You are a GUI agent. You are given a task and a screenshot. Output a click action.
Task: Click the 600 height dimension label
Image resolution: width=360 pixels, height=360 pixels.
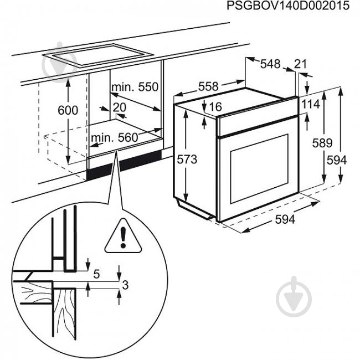click(68, 110)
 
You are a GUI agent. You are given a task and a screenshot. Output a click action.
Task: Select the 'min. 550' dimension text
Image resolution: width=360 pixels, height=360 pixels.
click(135, 87)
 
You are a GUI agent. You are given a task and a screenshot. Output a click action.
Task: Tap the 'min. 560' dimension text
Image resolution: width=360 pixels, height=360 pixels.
click(115, 138)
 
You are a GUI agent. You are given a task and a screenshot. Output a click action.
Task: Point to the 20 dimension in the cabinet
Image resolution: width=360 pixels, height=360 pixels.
click(119, 107)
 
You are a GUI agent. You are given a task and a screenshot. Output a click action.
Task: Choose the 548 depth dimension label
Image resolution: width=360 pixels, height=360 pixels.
click(270, 64)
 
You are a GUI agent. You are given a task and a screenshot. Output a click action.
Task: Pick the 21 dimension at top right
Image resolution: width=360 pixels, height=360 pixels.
click(300, 64)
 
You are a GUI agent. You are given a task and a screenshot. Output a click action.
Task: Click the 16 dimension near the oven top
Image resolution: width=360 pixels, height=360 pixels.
click(215, 106)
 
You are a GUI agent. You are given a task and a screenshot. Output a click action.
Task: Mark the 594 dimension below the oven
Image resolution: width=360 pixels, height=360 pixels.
click(285, 219)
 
